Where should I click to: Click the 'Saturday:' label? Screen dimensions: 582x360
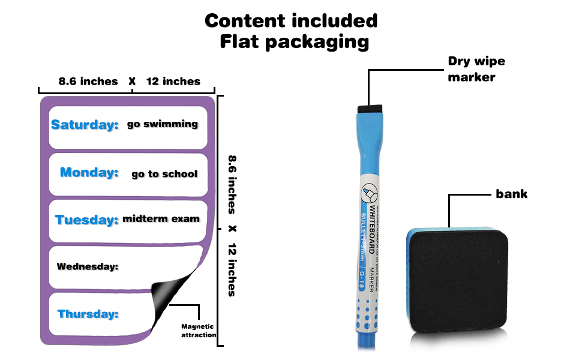pyautogui.click(x=85, y=125)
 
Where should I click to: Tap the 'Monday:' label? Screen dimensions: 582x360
pyautogui.click(x=89, y=173)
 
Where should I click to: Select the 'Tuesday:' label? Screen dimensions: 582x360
pyautogui.click(x=86, y=220)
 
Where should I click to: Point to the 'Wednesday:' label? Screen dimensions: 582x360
pyautogui.click(x=87, y=266)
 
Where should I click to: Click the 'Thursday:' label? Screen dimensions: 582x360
pyautogui.click(x=88, y=314)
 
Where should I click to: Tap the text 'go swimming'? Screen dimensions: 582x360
pyautogui.click(x=162, y=124)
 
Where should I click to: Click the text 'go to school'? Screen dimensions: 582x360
pyautogui.click(x=164, y=174)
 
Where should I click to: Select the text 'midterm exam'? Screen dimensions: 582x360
pyautogui.click(x=161, y=219)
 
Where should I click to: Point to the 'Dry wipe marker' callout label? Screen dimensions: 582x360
pyautogui.click(x=476, y=69)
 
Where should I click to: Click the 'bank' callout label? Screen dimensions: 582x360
pyautogui.click(x=511, y=194)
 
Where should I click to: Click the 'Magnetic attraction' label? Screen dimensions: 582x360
pyautogui.click(x=199, y=331)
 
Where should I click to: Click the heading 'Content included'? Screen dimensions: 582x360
pyautogui.click(x=291, y=20)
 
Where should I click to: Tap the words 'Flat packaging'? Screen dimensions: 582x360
pyautogui.click(x=294, y=41)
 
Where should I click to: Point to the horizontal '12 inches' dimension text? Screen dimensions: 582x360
pyautogui.click(x=173, y=82)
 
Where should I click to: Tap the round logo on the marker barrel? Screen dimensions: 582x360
pyautogui.click(x=368, y=193)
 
